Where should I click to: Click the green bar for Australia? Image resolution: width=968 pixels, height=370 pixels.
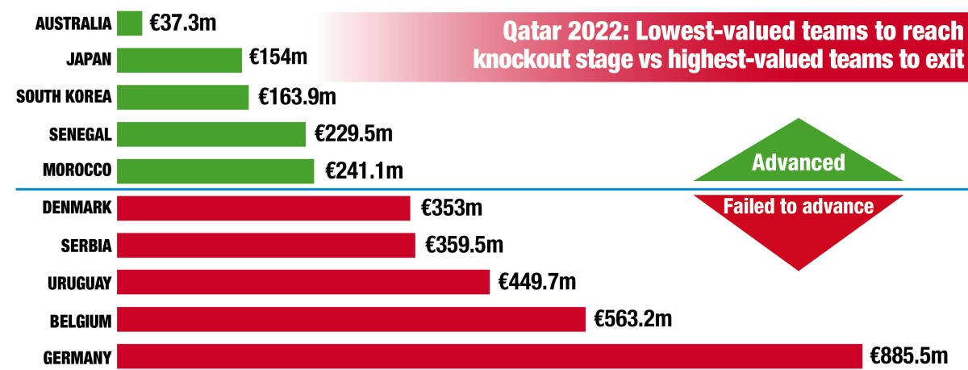click(129, 23)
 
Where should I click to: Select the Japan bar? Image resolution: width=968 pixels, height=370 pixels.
click(179, 60)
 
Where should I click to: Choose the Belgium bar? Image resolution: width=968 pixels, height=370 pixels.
click(351, 319)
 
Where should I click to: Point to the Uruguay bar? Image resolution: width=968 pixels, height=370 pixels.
click(303, 282)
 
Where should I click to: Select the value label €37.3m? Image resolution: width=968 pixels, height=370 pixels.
click(183, 23)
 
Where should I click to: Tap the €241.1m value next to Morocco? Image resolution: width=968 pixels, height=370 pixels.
click(363, 171)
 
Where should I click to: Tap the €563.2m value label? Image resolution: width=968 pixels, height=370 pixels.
click(632, 318)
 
